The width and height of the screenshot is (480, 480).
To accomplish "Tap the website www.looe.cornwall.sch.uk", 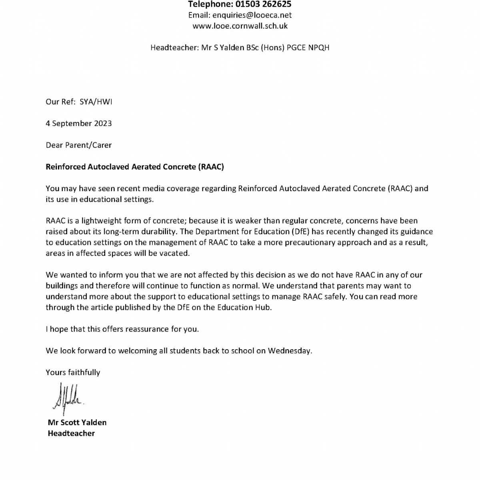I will pos(240,26).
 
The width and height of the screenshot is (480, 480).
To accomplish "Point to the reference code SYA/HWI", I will pos(96,102).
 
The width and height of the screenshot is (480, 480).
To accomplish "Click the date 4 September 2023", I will pos(79,123).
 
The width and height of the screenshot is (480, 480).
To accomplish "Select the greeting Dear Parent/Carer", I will pos(79,145).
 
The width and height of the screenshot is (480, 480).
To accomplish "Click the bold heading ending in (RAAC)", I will pos(135,167).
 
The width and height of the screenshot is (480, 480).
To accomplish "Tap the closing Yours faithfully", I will pos(73,372).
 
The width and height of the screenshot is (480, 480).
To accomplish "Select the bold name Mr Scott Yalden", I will pos(77,422).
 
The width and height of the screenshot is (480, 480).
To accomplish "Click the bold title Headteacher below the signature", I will pos(71,433).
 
